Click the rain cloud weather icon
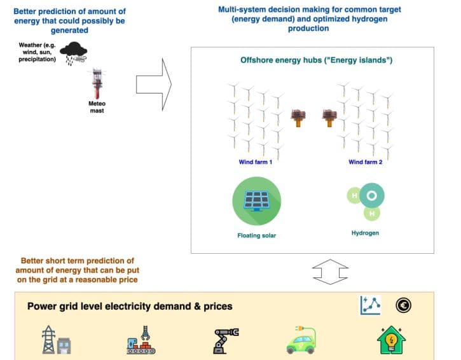tap(74, 53)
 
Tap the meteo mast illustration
tap(97, 83)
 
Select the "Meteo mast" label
tap(97, 107)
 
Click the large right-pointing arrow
tap(154, 85)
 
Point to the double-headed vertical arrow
tap(330, 272)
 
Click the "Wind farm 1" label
tap(255, 162)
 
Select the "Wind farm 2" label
tap(365, 162)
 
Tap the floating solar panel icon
tap(257, 201)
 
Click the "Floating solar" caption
tap(257, 235)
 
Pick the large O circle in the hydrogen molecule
tap(371, 196)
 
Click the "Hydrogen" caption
tap(365, 233)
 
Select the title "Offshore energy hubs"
tap(281, 60)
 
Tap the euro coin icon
tap(403, 305)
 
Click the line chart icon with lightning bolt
tap(371, 305)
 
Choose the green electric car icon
tap(301, 340)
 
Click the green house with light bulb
tap(391, 340)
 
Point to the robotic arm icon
tap(226, 340)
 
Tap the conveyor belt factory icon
tap(141, 340)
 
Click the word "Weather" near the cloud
tap(30, 45)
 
